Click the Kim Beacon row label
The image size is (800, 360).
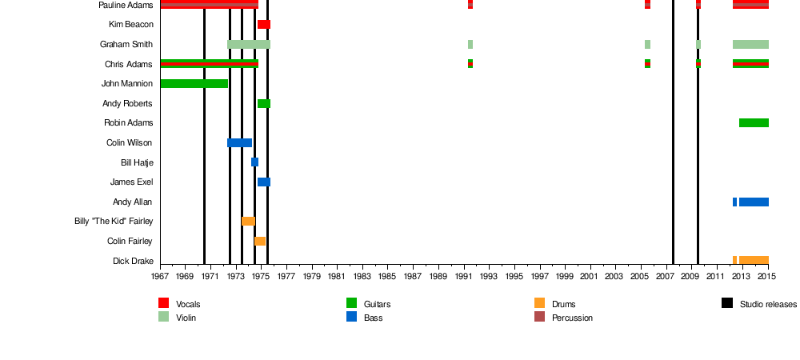(131, 25)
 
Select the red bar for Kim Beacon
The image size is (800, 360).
(263, 25)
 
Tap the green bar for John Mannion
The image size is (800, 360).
(194, 84)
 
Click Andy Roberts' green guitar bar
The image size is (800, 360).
(263, 103)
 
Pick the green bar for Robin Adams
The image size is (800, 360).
(754, 123)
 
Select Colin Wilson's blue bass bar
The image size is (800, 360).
(239, 142)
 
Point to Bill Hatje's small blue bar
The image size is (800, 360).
(254, 162)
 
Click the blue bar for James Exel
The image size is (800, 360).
(263, 182)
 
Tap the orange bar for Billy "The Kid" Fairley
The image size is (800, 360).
(248, 221)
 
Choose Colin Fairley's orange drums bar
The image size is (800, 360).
(260, 241)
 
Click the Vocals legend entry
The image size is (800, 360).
(188, 304)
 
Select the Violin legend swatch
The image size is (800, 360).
(164, 317)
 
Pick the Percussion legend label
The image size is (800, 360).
(572, 318)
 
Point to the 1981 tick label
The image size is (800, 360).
(338, 276)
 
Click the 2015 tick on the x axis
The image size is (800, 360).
(768, 276)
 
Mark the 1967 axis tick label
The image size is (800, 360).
(161, 276)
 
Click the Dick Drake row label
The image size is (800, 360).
(133, 261)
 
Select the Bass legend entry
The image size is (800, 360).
(373, 318)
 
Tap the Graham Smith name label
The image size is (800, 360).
(126, 44)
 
